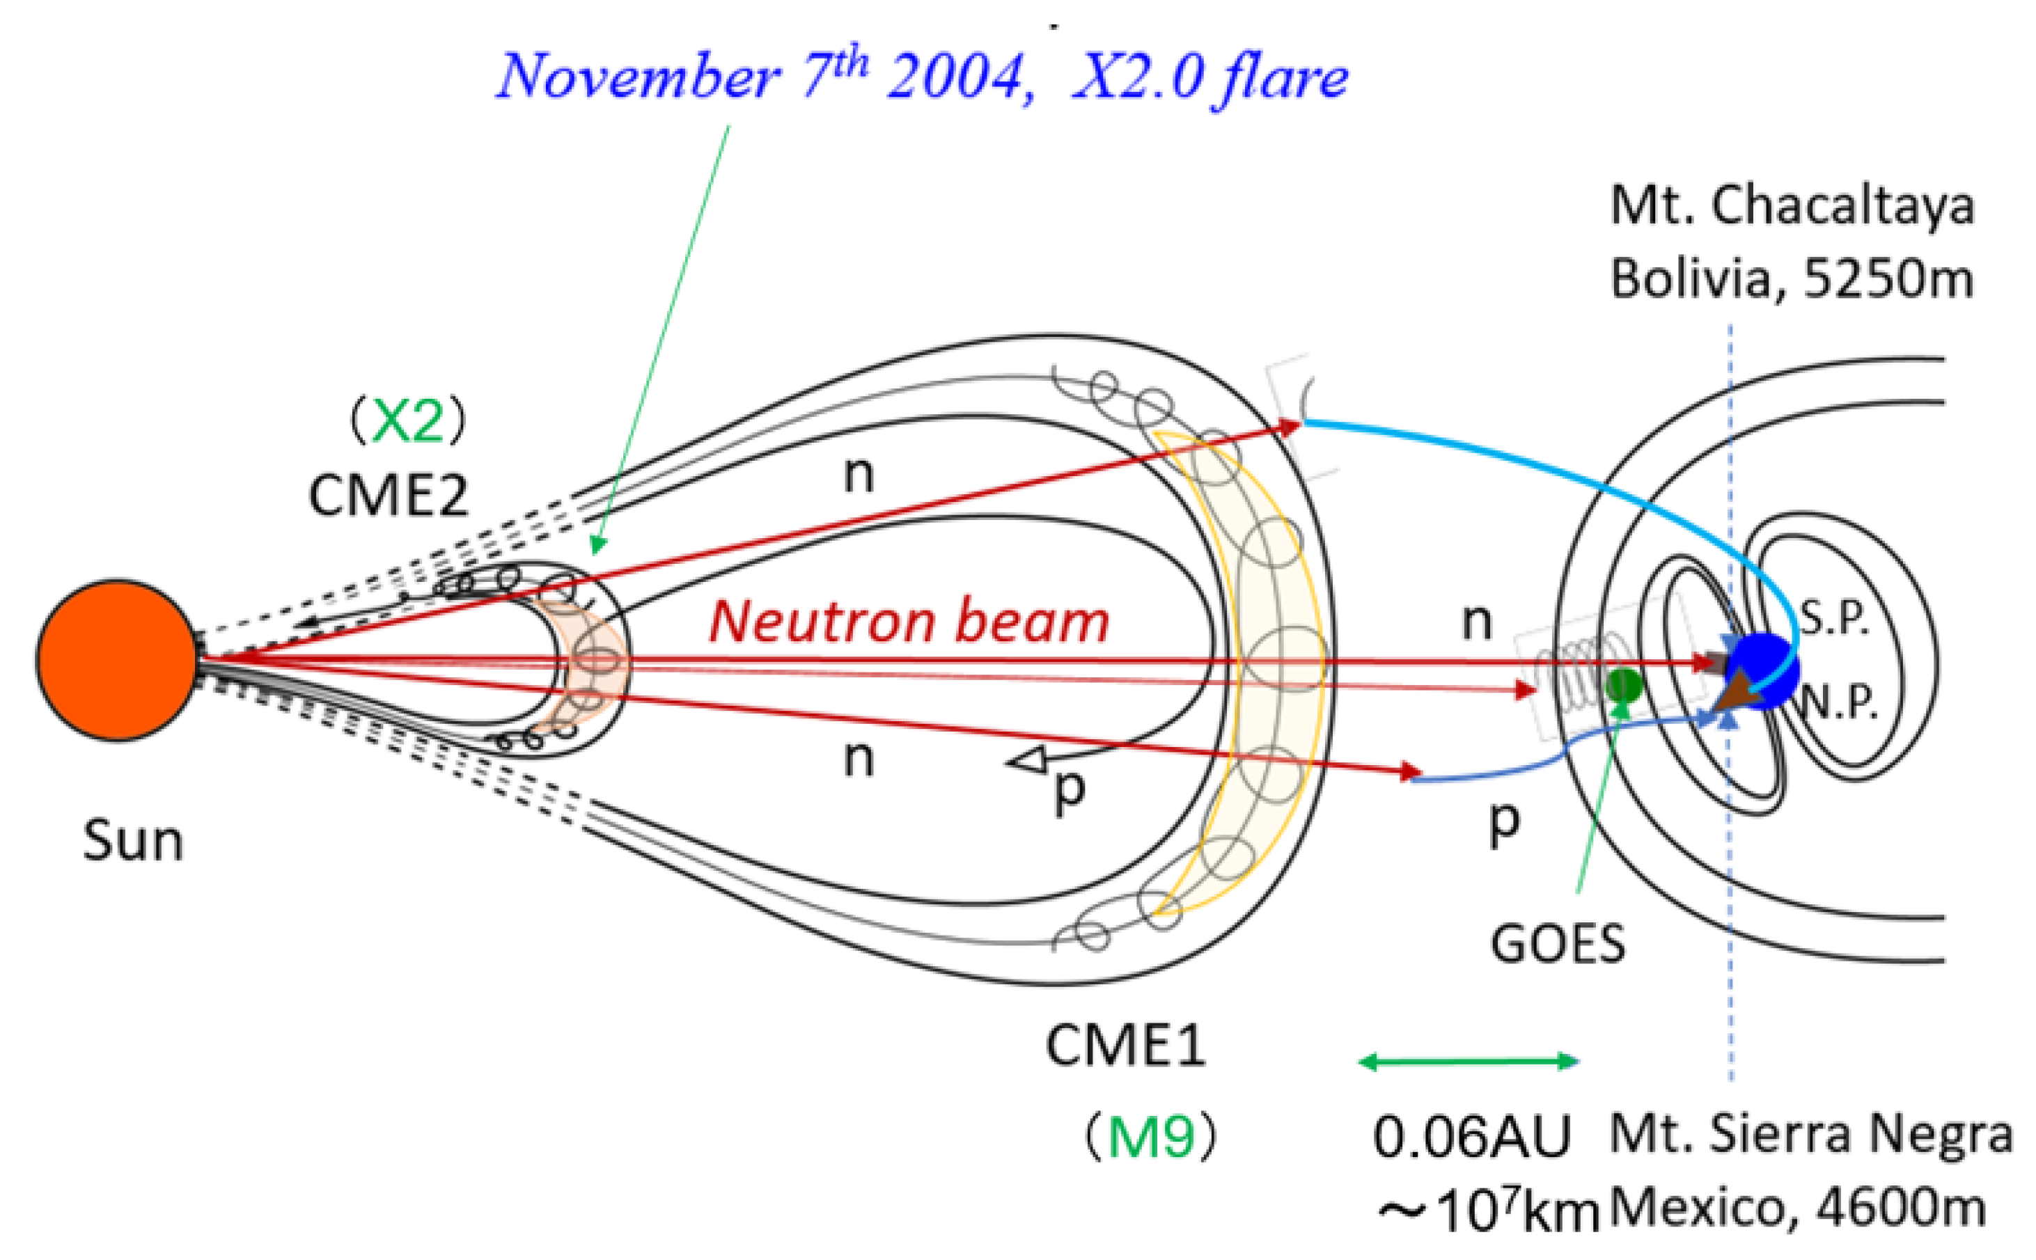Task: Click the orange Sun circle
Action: (118, 659)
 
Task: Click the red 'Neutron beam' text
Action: (909, 622)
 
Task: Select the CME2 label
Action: (389, 496)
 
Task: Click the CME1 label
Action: (1125, 1045)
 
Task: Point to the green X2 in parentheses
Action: (407, 421)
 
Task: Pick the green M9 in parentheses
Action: (1151, 1137)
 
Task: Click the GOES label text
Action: (1558, 944)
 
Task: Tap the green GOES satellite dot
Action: (1624, 685)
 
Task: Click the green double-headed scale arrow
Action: (1469, 1061)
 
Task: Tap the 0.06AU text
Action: (1471, 1137)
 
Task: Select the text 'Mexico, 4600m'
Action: (1796, 1208)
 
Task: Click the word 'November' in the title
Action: (638, 77)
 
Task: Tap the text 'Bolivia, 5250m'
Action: (1792, 278)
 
